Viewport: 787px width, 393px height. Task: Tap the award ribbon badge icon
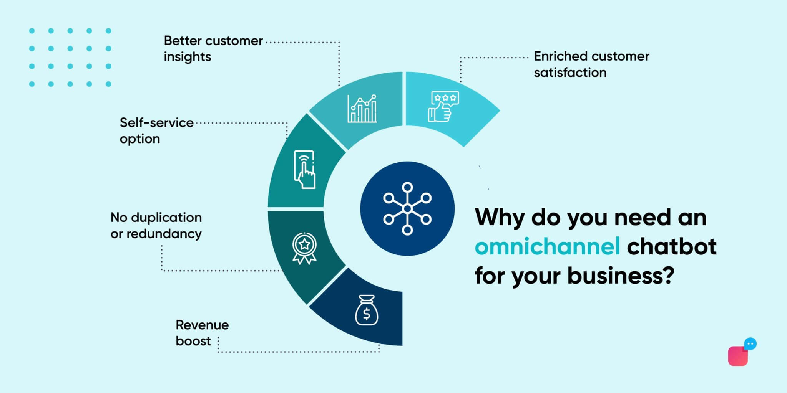coord(304,248)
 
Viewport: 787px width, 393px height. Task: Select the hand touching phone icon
coord(304,169)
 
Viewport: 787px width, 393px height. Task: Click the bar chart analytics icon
coord(362,109)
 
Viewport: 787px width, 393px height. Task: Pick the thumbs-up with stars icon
coord(443,106)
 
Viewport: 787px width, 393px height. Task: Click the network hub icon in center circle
coord(407,208)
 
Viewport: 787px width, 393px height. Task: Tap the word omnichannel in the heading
coord(547,246)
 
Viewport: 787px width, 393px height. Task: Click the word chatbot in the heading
coord(671,246)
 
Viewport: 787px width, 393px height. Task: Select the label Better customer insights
coord(213,48)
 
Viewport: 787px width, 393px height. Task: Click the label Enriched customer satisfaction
coord(591,64)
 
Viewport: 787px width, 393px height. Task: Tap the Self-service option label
coord(156,130)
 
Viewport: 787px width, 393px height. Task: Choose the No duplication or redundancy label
coord(156,225)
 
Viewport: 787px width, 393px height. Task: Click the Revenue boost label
coord(202,333)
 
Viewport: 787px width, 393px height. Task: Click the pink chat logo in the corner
coord(738,356)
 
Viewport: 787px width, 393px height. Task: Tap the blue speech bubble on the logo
coord(750,343)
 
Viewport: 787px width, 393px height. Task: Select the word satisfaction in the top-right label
coord(570,72)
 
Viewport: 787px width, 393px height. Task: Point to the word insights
coord(187,56)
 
